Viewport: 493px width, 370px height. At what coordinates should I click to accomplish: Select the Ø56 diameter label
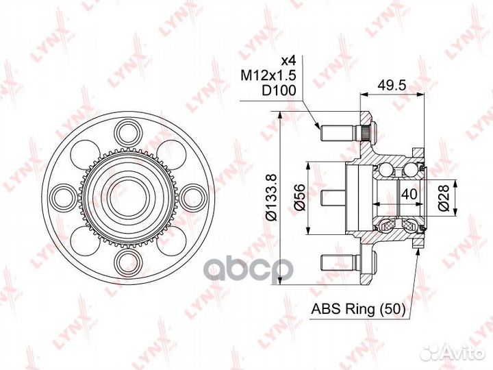click(x=300, y=197)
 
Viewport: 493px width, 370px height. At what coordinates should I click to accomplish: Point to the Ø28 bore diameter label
click(x=444, y=198)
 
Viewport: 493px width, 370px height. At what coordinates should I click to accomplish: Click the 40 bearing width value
click(x=409, y=194)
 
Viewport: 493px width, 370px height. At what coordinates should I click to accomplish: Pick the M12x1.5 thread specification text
click(x=268, y=75)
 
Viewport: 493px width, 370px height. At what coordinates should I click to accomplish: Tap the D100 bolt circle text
click(x=279, y=91)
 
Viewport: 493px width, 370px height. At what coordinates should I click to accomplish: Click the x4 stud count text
click(x=289, y=60)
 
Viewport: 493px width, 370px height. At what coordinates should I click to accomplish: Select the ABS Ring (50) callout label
click(x=358, y=309)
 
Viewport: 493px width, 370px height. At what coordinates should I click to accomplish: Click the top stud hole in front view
click(x=127, y=132)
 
